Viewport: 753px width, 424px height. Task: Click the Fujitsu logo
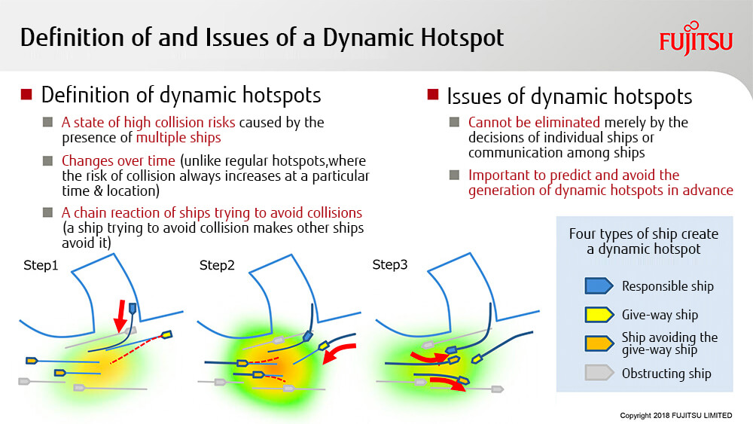[x=696, y=38]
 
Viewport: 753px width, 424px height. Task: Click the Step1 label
[x=41, y=266]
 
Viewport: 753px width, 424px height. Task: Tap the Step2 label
[x=217, y=266]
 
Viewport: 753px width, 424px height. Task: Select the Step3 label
[x=390, y=264]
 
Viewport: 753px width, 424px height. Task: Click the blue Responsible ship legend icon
[x=599, y=285]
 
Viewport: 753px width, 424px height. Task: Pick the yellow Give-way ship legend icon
[x=599, y=315]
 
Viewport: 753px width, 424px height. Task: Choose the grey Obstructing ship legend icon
[x=599, y=373]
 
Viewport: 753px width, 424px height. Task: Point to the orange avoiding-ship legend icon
[x=599, y=343]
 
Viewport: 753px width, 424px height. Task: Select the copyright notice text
[x=675, y=416]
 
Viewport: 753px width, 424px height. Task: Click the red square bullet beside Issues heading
[x=433, y=93]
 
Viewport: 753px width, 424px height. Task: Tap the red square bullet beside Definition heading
[x=26, y=93]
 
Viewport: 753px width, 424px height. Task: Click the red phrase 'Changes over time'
[x=118, y=160]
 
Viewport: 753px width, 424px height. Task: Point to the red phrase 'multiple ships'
[x=178, y=138]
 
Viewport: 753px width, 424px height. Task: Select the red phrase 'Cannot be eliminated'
[x=534, y=123]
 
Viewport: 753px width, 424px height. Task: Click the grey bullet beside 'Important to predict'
[x=454, y=175]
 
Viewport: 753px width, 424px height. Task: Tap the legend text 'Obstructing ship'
[x=666, y=373]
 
